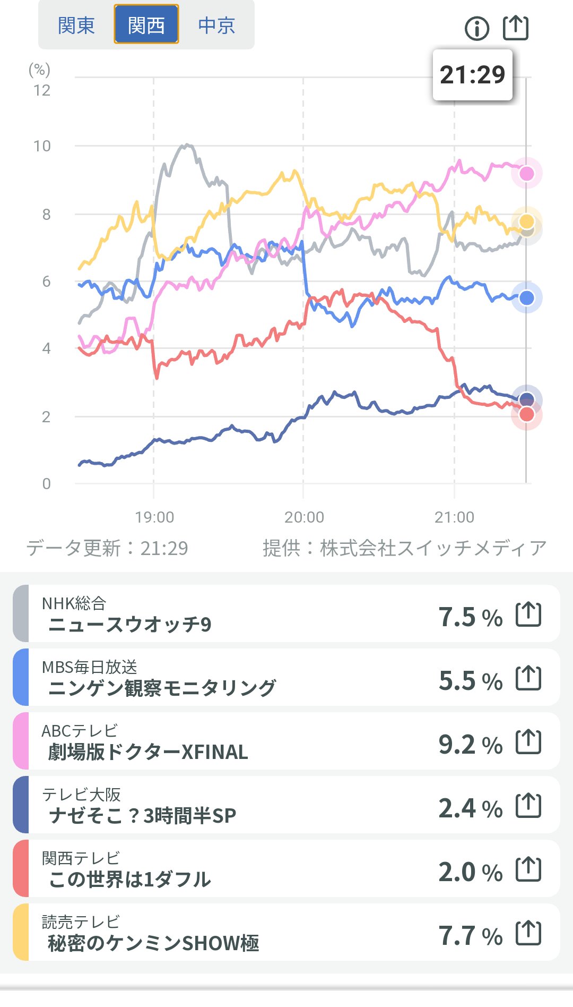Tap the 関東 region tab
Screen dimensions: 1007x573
pyautogui.click(x=76, y=25)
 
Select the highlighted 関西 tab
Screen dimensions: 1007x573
pyautogui.click(x=146, y=25)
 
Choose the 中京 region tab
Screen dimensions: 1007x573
pyautogui.click(x=216, y=25)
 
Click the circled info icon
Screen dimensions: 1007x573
pyautogui.click(x=476, y=28)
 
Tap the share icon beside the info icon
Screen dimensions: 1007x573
pyautogui.click(x=515, y=28)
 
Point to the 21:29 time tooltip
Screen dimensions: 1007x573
pyautogui.click(x=472, y=75)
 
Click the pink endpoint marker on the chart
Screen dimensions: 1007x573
pyautogui.click(x=526, y=173)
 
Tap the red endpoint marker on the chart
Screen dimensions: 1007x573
pyautogui.click(x=526, y=414)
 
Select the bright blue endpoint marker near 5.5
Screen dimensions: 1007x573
pyautogui.click(x=526, y=298)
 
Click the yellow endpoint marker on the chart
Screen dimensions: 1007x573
pyautogui.click(x=526, y=221)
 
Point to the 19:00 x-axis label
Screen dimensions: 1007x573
pyautogui.click(x=154, y=517)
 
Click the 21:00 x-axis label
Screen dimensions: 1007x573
pyautogui.click(x=454, y=517)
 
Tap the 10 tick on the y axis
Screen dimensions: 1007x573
pyautogui.click(x=42, y=146)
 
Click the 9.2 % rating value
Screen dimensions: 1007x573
pyautogui.click(x=470, y=745)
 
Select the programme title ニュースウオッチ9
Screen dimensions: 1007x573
pyautogui.click(x=130, y=625)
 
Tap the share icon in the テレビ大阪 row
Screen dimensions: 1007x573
pyautogui.click(x=528, y=805)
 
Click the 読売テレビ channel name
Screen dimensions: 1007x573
pyautogui.click(x=81, y=921)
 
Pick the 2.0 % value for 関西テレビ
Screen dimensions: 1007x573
pyautogui.click(x=470, y=872)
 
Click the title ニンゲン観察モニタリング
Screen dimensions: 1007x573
pyautogui.click(x=162, y=688)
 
